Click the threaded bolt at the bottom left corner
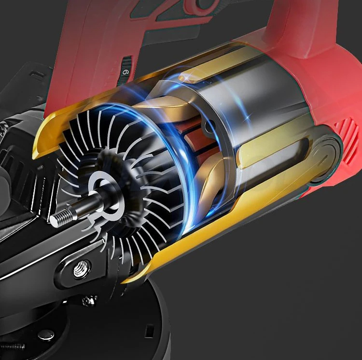click(x=12, y=346)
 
